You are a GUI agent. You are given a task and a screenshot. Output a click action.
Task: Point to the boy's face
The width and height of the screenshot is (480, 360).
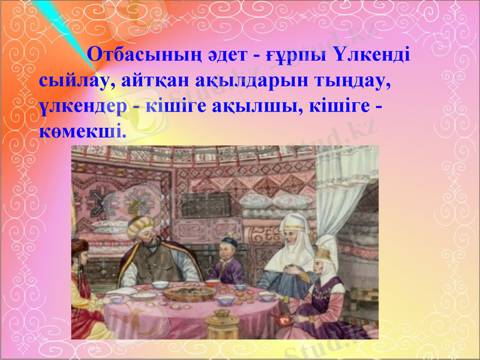(229, 249)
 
